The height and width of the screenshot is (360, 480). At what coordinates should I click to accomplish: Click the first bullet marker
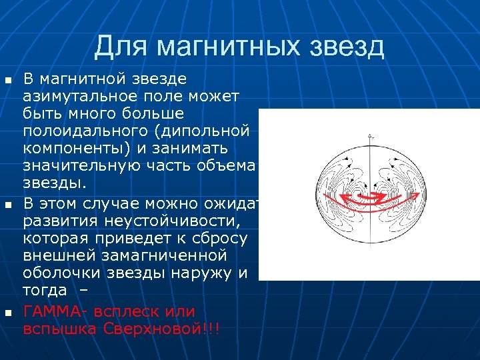point(8,81)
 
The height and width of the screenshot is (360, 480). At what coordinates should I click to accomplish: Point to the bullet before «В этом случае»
point(8,203)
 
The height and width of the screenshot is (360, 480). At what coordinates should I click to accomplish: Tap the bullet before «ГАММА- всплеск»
point(8,313)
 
